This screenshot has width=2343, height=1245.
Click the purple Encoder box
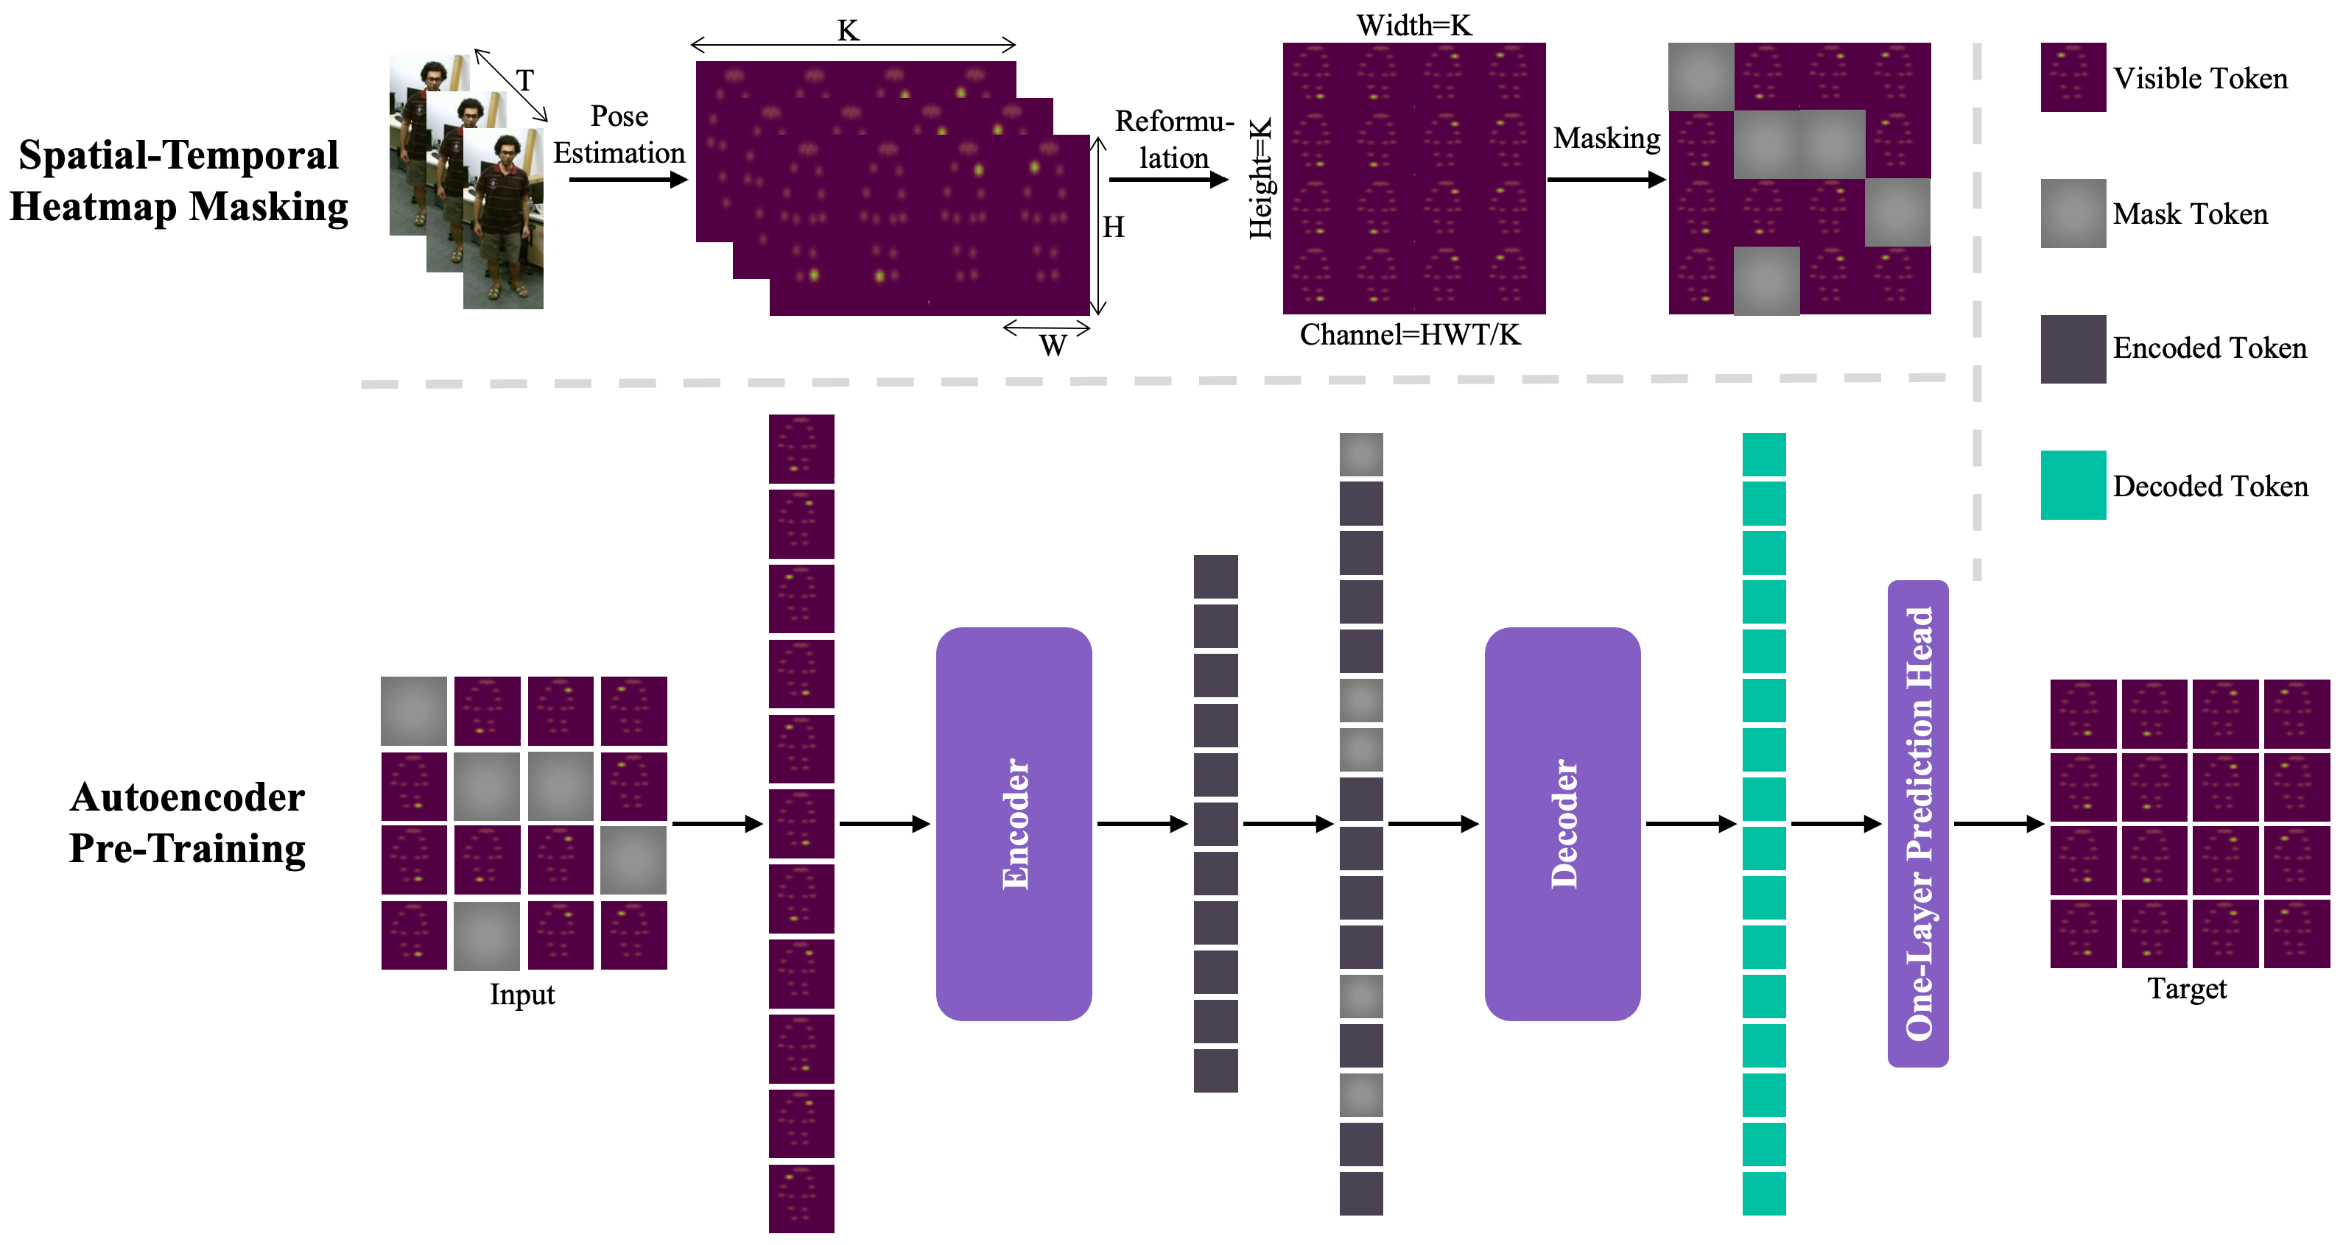(1014, 823)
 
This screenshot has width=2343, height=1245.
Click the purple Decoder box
(1562, 823)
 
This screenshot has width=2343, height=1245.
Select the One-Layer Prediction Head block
(1917, 823)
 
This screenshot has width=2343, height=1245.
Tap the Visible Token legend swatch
(2073, 77)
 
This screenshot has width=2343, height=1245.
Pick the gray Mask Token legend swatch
(2073, 213)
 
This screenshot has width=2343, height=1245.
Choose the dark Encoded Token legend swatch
(2073, 349)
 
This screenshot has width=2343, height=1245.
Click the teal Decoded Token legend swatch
(2073, 484)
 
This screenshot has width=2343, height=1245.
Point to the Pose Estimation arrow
(628, 179)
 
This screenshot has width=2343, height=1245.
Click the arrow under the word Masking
(1606, 179)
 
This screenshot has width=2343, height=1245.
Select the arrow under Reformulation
(1169, 179)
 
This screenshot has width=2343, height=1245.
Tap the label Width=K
(1413, 26)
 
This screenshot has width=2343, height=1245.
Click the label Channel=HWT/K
(1410, 335)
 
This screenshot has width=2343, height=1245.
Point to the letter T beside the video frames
(525, 80)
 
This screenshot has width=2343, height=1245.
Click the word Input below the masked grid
(522, 994)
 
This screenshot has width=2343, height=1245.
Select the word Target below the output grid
(2187, 989)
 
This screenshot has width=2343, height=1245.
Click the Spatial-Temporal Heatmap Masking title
(178, 180)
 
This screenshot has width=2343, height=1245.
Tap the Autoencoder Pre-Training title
(187, 822)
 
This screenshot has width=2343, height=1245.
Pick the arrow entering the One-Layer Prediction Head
(1836, 824)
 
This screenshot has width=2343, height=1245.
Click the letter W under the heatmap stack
(1053, 345)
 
